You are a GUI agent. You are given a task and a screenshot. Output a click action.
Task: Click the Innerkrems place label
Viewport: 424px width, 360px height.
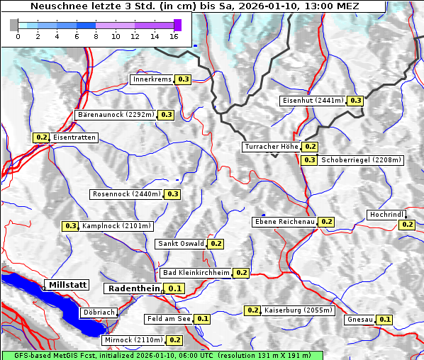point(152,79)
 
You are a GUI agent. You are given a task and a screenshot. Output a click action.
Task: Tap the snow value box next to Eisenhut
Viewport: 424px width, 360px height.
point(355,101)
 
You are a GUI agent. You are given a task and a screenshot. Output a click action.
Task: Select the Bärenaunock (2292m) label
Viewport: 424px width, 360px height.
point(115,114)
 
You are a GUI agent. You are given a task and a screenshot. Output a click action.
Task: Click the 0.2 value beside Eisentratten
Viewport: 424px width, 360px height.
point(41,137)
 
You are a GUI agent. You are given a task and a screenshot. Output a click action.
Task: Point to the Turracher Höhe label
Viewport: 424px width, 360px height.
point(271,147)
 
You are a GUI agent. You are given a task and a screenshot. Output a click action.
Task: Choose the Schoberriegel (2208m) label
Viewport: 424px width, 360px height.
point(362,160)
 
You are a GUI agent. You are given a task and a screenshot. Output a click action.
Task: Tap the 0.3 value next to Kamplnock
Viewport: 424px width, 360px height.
point(70,226)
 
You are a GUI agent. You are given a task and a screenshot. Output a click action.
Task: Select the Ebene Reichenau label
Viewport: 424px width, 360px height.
point(284,222)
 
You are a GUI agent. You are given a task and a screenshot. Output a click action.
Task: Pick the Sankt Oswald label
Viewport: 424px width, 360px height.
point(180,244)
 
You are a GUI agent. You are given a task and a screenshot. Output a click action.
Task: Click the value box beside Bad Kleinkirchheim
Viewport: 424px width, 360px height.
point(241,273)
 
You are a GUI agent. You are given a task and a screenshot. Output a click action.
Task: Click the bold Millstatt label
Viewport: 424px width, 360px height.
point(67,285)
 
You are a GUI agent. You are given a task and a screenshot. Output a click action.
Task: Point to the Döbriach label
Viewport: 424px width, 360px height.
point(99,312)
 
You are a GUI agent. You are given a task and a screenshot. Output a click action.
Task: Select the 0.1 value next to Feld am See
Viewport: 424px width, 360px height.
point(202,319)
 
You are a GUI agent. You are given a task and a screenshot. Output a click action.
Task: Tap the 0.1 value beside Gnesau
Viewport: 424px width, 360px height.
point(384,320)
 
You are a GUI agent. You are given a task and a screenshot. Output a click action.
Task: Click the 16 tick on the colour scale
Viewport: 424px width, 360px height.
point(174,36)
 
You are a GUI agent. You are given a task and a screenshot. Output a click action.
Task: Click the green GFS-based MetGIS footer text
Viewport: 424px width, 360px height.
point(162,355)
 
